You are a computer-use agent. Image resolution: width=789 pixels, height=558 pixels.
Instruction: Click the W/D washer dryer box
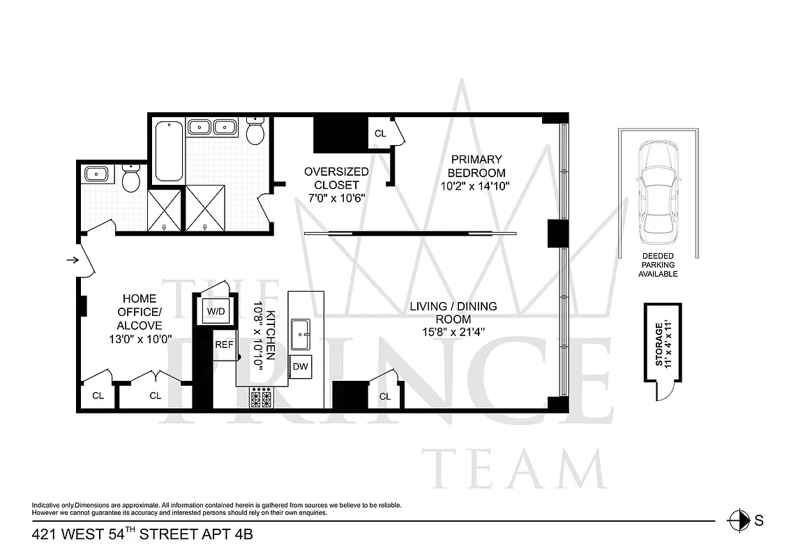coord(214,311)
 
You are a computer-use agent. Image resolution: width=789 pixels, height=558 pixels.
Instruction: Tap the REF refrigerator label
coord(224,345)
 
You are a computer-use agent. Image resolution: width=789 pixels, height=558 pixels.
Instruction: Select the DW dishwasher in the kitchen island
coord(301,366)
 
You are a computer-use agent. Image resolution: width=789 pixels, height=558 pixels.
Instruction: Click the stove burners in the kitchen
coord(262,399)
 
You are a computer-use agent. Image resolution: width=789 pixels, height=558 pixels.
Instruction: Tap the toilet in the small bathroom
coord(130,179)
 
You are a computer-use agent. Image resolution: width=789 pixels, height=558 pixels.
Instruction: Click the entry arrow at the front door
coord(72,261)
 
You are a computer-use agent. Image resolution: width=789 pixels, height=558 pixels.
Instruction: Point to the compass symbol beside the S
coord(735,520)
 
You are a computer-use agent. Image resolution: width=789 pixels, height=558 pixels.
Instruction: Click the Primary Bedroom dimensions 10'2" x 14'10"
coord(476,186)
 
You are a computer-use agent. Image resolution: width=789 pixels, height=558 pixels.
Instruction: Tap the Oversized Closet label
coord(336,178)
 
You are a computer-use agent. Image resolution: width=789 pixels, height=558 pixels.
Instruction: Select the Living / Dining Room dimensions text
coord(453,332)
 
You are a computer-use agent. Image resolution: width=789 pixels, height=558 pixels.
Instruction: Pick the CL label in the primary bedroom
coord(380,133)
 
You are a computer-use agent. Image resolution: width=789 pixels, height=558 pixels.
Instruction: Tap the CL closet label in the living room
coord(385,396)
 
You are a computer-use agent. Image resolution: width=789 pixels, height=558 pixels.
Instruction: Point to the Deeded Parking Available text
coord(658,265)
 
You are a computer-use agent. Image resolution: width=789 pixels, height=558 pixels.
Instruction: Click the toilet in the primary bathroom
coord(255,132)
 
